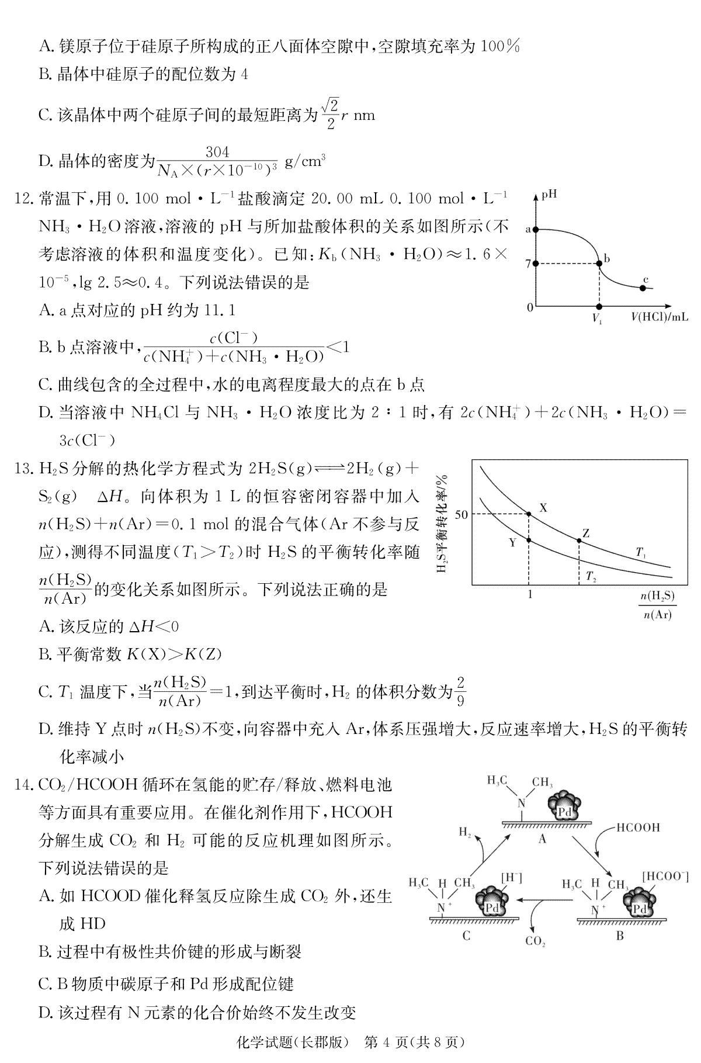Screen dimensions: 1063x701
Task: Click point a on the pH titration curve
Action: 536,230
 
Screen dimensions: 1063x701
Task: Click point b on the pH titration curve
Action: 599,264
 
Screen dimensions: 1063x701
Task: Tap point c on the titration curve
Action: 643,288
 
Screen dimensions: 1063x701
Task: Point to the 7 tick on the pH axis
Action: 528,264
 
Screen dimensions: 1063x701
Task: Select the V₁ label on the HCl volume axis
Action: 598,319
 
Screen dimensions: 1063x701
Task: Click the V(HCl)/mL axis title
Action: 659,317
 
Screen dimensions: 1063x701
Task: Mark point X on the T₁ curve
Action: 529,514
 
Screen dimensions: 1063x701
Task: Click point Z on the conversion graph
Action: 579,541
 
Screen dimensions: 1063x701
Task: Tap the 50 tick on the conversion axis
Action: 461,515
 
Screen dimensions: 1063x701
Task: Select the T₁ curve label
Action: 641,552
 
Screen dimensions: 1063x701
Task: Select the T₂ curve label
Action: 591,577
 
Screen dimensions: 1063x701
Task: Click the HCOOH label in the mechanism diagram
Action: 638,827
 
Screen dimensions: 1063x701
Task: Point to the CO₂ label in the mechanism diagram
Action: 535,941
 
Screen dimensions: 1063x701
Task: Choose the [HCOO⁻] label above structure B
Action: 665,876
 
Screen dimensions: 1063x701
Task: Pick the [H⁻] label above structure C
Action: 511,877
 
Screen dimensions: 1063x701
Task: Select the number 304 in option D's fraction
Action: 217,153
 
